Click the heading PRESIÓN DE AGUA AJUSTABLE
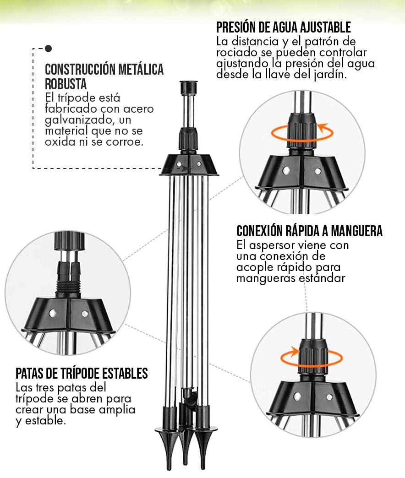[284, 27]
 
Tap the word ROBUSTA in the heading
[66, 84]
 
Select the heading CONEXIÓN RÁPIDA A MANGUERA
[309, 231]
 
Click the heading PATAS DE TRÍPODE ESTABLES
[82, 374]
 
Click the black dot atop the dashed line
[49, 49]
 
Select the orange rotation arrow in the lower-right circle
[312, 356]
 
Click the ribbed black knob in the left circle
[70, 241]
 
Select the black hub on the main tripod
[189, 165]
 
